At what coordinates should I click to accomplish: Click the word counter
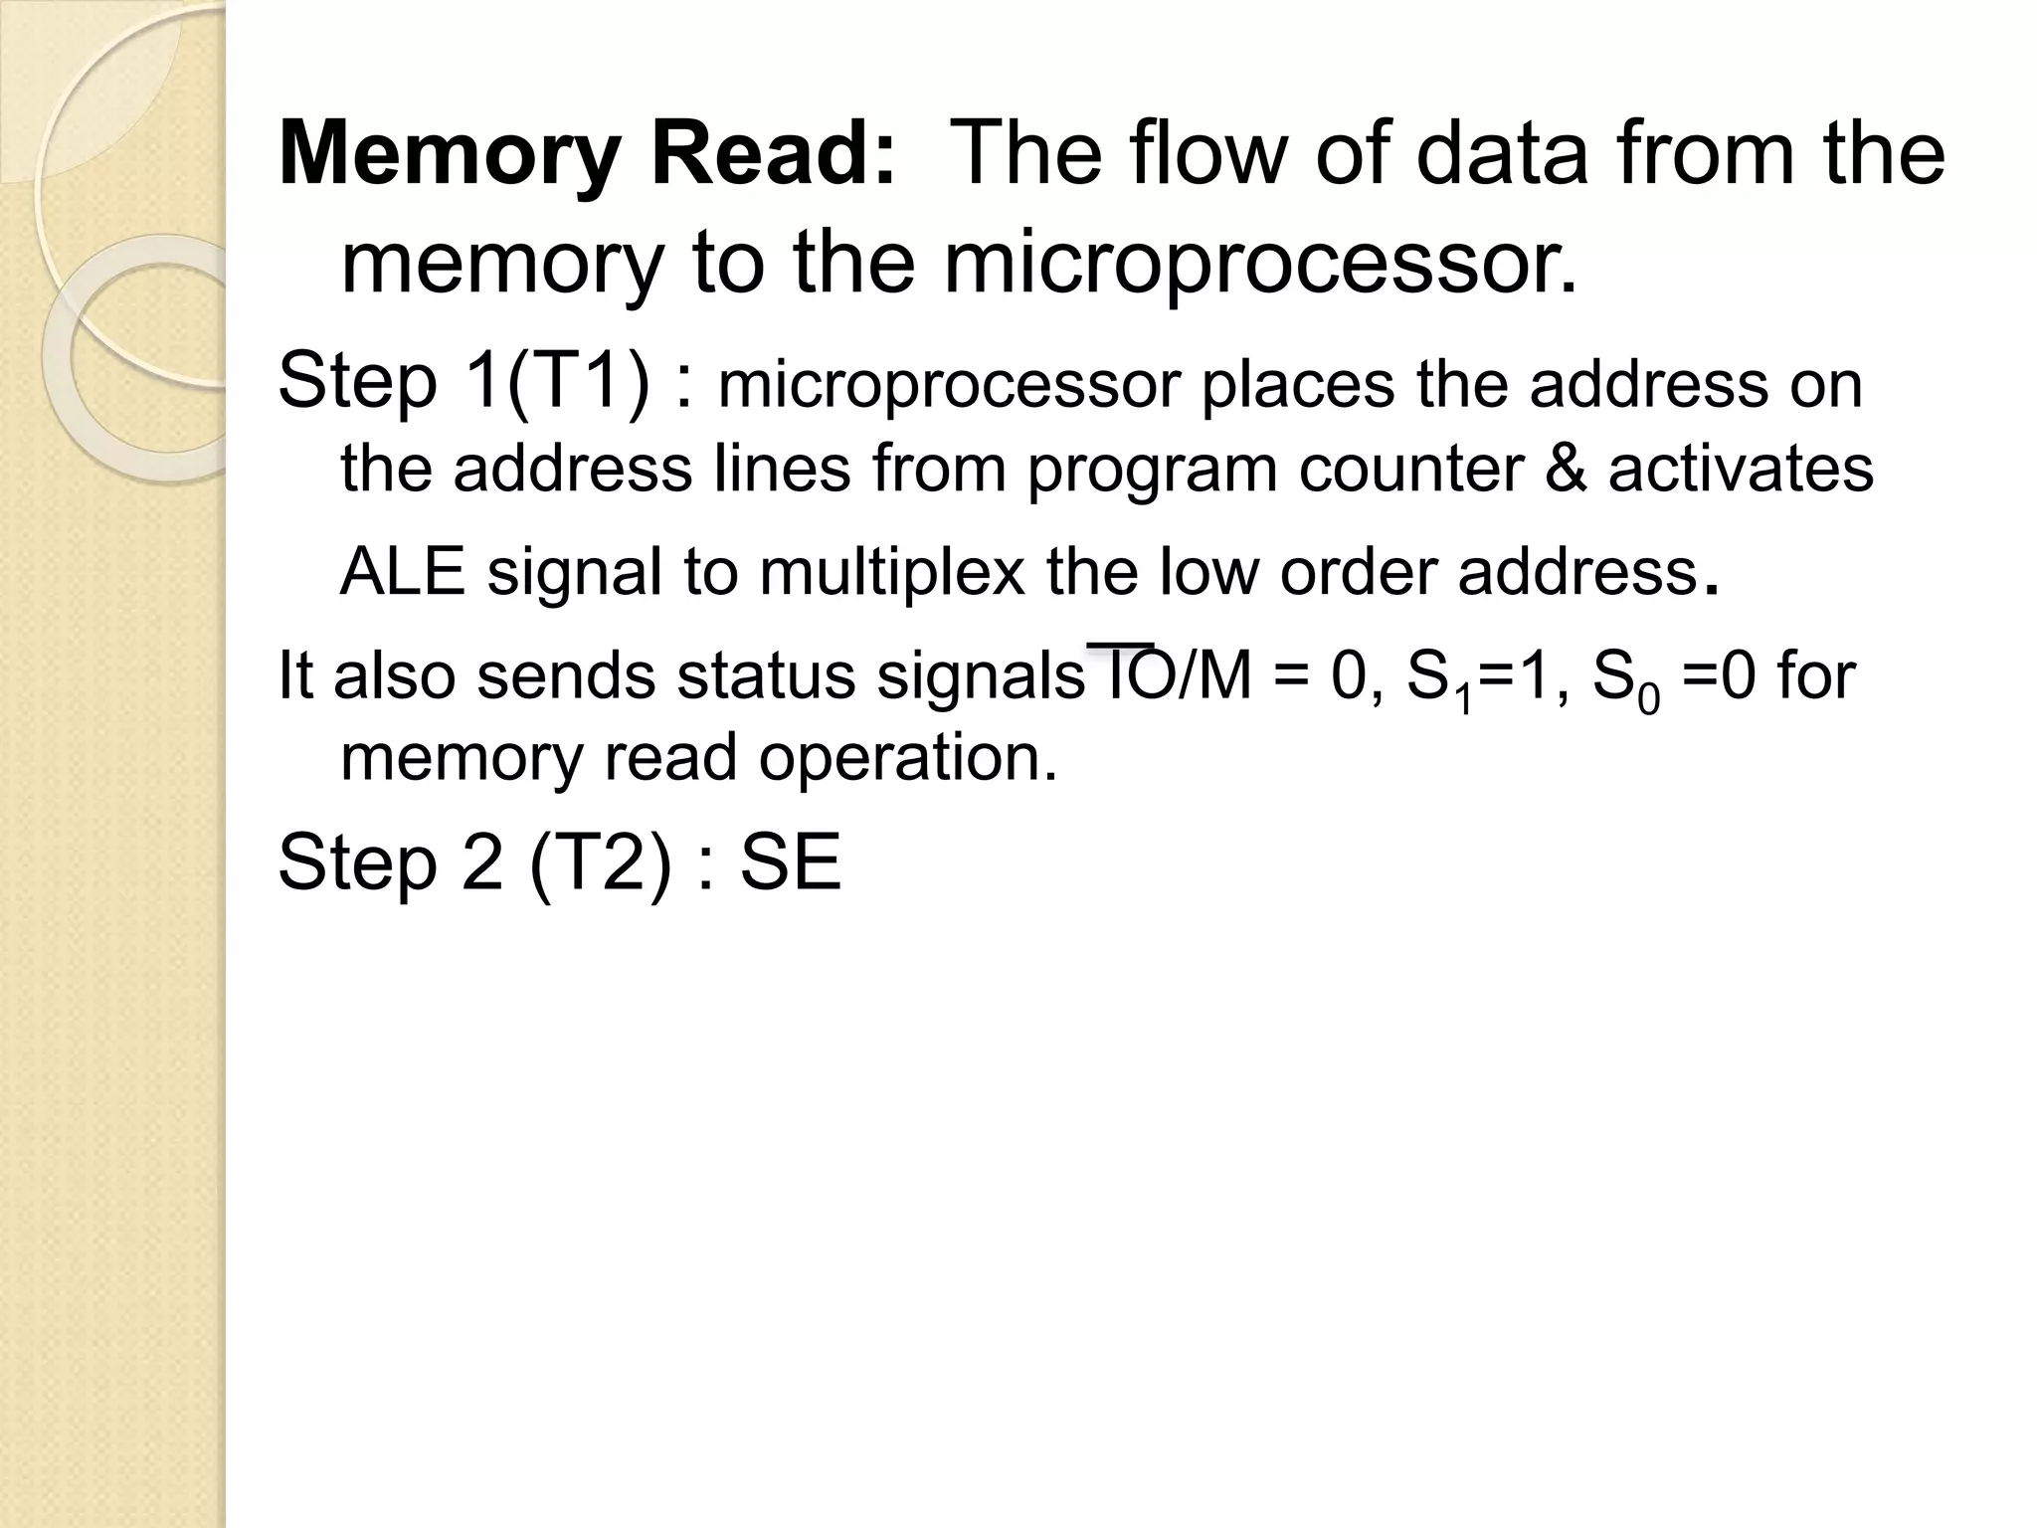(1410, 469)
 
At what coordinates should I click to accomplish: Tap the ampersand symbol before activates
(1566, 469)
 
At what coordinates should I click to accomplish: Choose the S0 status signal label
(1625, 680)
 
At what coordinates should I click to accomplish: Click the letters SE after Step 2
(791, 862)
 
